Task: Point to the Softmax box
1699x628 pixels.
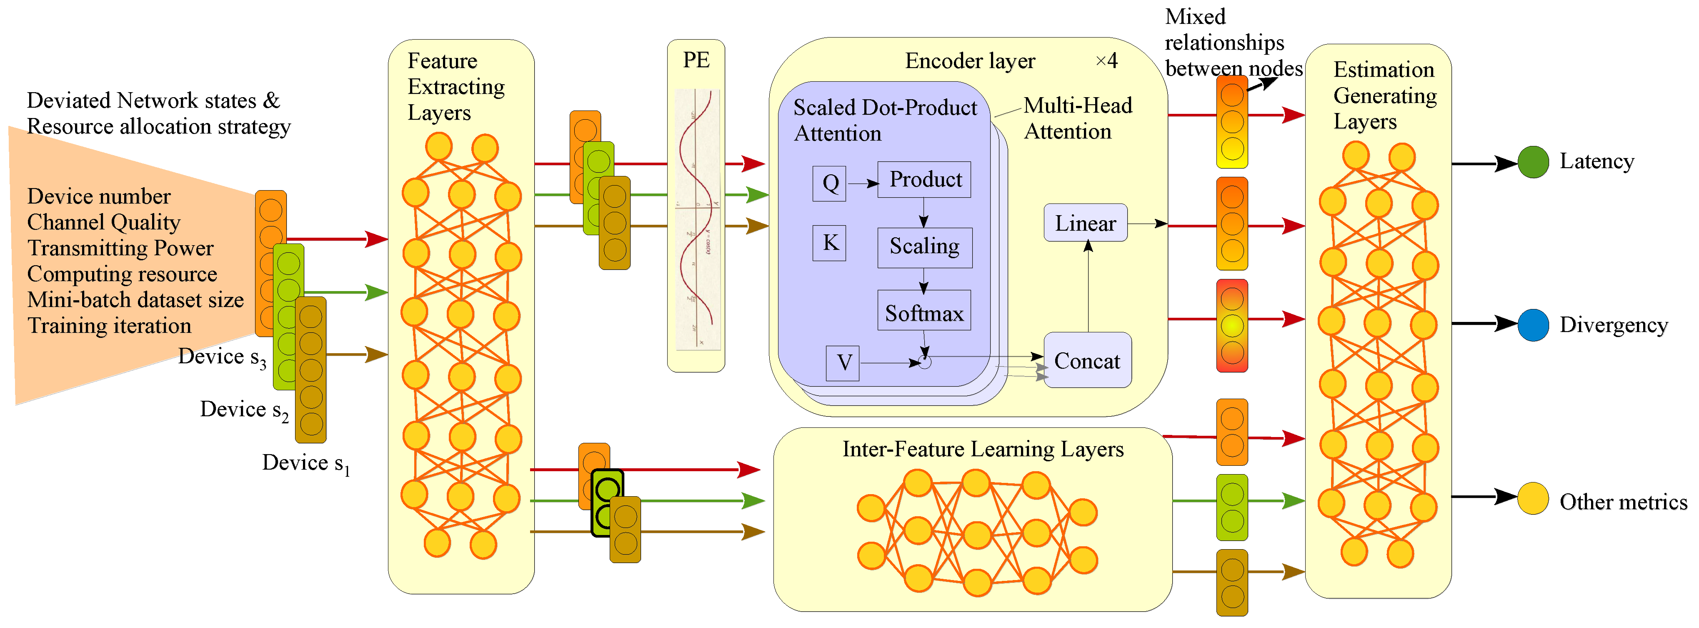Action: pyautogui.click(x=923, y=311)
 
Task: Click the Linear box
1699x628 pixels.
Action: pyautogui.click(x=1085, y=223)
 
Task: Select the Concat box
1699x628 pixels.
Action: pyautogui.click(x=1087, y=360)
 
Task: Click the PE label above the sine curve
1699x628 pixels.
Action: pyautogui.click(x=696, y=60)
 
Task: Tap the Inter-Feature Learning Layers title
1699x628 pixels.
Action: pyautogui.click(x=982, y=449)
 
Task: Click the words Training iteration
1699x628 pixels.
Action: pyautogui.click(x=110, y=326)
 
